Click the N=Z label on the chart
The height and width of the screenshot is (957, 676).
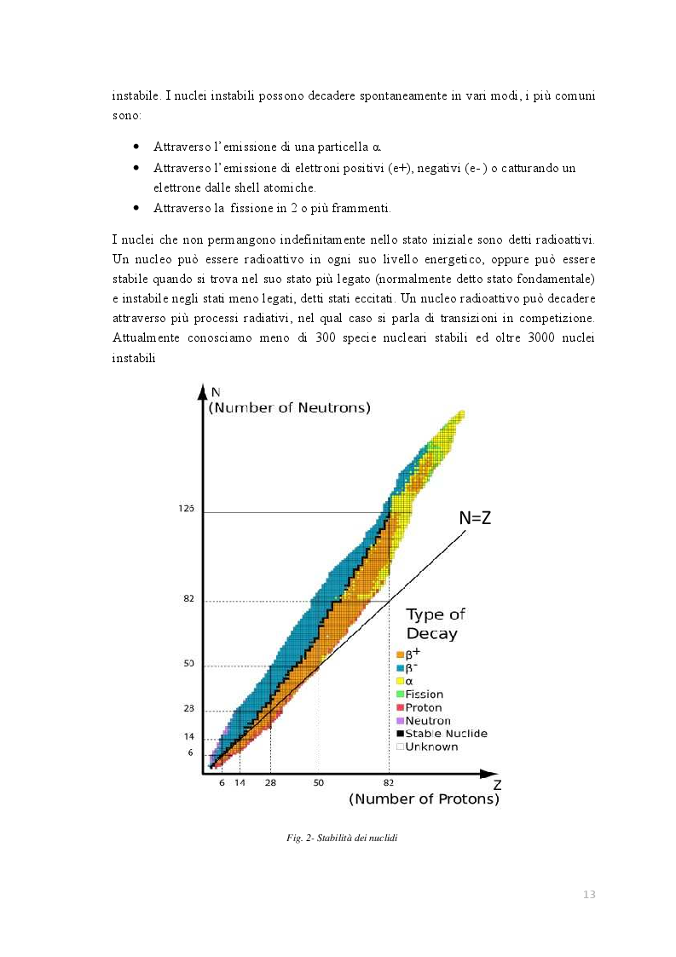click(x=475, y=517)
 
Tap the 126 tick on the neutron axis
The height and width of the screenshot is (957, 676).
click(x=188, y=509)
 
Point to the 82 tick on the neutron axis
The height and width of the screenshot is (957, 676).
click(x=188, y=599)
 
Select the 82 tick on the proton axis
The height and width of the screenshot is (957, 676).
click(x=389, y=782)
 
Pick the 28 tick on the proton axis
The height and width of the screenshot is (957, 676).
click(x=270, y=782)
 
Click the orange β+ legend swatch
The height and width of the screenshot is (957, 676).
click(x=399, y=654)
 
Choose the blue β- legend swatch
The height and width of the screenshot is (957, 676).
click(x=399, y=668)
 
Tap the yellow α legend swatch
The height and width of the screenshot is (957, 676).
click(x=399, y=681)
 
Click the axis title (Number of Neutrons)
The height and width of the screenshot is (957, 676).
click(x=290, y=408)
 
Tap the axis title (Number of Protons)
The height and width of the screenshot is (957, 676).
click(x=424, y=799)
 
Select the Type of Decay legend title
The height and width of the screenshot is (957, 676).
click(x=436, y=624)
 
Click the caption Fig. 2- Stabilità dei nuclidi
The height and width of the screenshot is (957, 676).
click(x=342, y=839)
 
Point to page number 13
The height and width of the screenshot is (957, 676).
click(x=589, y=894)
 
